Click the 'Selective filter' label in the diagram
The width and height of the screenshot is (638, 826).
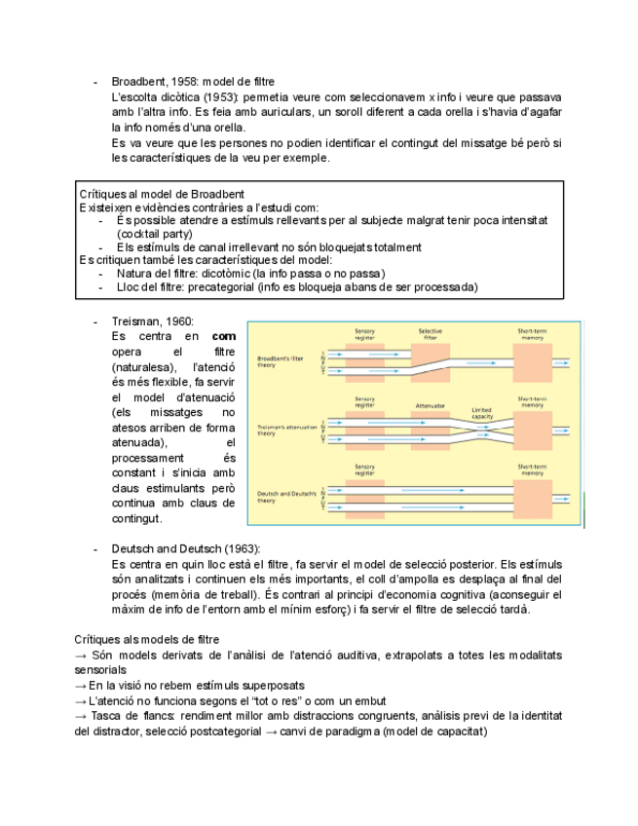[430, 334]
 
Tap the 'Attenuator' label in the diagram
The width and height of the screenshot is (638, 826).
[430, 404]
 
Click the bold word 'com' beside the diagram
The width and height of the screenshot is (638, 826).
[223, 336]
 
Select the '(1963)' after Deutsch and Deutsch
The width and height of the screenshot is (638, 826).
[243, 548]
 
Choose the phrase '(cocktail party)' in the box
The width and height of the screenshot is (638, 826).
[155, 234]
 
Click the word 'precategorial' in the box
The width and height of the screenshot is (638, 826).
[223, 287]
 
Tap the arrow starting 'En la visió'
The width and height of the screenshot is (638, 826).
[81, 685]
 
